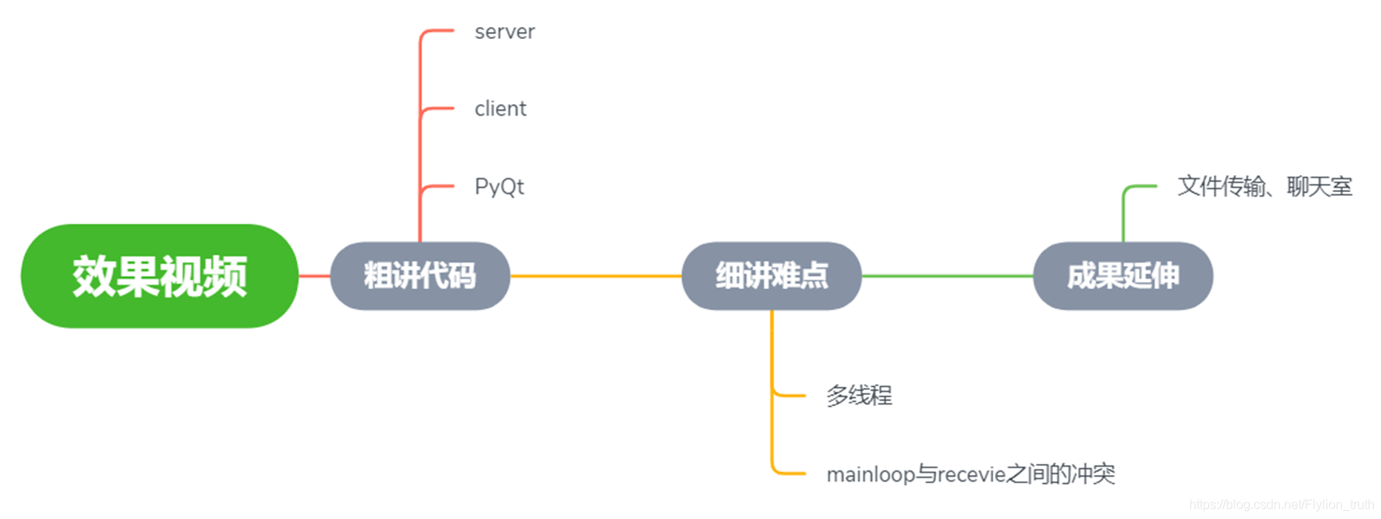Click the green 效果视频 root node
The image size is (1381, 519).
click(159, 276)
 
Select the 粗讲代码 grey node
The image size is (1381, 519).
click(419, 276)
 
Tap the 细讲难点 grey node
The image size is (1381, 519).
click(771, 276)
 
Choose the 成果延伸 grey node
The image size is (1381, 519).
click(1122, 276)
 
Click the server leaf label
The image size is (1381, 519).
click(505, 32)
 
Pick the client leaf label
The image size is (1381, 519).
click(500, 108)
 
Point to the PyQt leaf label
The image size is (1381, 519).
click(499, 186)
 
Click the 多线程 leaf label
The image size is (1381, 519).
click(859, 395)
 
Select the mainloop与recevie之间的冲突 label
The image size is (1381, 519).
click(970, 474)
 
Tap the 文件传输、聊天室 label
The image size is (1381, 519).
click(1265, 186)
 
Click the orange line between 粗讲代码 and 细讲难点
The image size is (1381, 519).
click(595, 276)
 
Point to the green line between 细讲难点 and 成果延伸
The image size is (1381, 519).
click(947, 276)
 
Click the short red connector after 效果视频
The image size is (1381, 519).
click(314, 276)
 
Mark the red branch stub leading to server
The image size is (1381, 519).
click(438, 31)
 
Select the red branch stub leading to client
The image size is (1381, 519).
click(439, 108)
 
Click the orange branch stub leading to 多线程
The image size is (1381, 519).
click(790, 395)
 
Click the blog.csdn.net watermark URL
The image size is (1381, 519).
click(1281, 505)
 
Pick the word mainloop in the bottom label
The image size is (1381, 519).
click(871, 475)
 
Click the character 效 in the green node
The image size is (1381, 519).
click(94, 276)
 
